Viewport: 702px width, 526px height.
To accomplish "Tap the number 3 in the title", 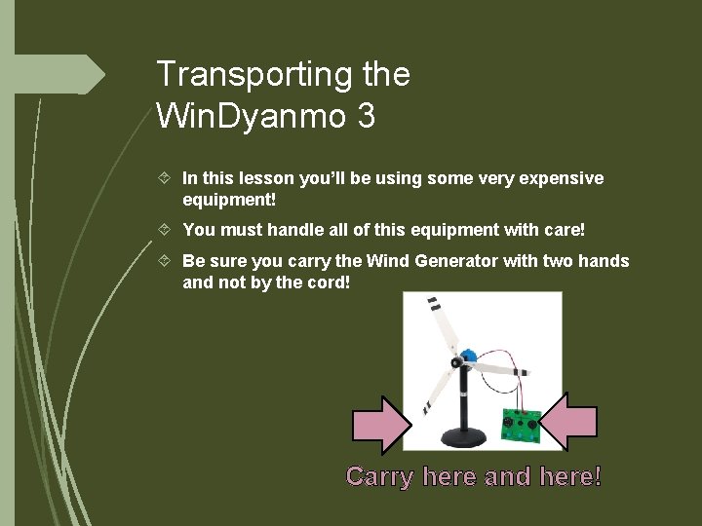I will (366, 117).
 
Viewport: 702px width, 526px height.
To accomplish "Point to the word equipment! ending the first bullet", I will (229, 200).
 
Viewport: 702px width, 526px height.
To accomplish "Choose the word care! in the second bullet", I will (565, 230).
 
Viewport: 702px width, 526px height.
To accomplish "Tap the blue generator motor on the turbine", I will (467, 357).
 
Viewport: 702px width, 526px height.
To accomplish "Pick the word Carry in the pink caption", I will (379, 477).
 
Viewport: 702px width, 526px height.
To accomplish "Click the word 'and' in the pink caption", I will (507, 477).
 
